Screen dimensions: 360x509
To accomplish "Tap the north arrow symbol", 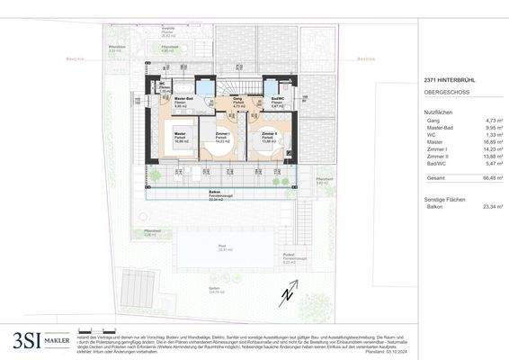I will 286,293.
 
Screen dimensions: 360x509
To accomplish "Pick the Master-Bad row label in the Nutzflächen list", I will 437,128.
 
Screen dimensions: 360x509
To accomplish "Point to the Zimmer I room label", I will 221,134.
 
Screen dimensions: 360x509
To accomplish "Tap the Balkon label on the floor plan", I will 215,192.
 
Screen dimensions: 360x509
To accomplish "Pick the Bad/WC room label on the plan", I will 278,101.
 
